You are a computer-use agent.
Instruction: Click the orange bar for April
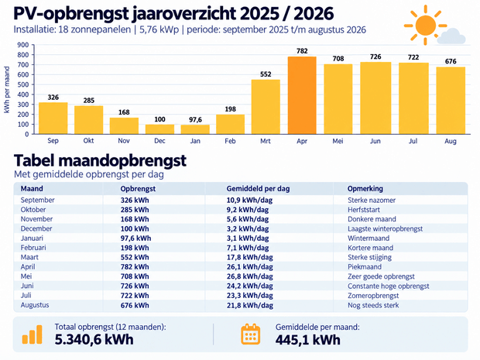(x=302, y=95)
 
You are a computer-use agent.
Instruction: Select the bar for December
(x=159, y=129)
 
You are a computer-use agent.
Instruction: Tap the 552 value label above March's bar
(x=266, y=74)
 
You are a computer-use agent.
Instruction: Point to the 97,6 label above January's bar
(x=195, y=120)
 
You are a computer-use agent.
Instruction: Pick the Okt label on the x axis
(x=88, y=140)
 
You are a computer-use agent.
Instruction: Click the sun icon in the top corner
(x=425, y=25)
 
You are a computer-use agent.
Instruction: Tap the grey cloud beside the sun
(x=451, y=36)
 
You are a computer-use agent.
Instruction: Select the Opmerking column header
(x=365, y=189)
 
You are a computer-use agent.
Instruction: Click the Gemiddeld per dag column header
(x=258, y=189)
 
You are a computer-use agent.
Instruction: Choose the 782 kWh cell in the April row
(x=135, y=267)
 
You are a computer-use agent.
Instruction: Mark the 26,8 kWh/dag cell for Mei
(x=250, y=276)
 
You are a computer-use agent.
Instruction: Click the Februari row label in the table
(x=33, y=248)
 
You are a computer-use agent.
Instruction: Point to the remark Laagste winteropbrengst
(x=385, y=228)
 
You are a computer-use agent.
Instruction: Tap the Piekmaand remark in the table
(x=365, y=267)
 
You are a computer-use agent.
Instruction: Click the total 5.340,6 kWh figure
(x=94, y=340)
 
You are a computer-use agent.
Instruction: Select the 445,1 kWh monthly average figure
(x=307, y=340)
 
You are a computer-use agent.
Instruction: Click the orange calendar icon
(x=250, y=334)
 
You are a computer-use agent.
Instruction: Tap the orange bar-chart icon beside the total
(x=33, y=334)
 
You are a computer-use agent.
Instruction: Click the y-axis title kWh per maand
(x=7, y=90)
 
